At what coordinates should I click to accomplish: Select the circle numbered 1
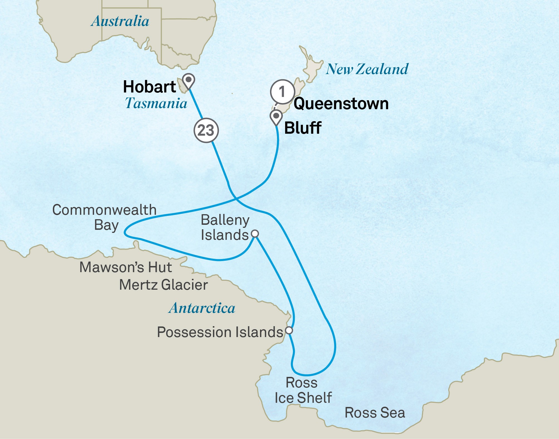click(x=282, y=92)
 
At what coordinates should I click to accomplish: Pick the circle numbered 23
click(x=206, y=130)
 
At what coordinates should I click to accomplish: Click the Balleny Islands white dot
click(x=255, y=233)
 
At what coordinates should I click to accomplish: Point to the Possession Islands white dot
click(x=289, y=330)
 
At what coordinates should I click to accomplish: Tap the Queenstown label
click(x=341, y=104)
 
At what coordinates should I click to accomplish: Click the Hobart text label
click(x=149, y=87)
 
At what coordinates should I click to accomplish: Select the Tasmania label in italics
click(x=156, y=103)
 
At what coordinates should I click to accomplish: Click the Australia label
click(x=120, y=21)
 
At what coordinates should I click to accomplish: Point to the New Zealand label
click(x=367, y=69)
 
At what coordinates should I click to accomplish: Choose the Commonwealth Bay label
click(x=104, y=217)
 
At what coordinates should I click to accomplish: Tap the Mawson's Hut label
click(x=126, y=267)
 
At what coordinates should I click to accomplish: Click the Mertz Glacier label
click(x=163, y=285)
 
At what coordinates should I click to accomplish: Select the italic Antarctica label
click(x=202, y=308)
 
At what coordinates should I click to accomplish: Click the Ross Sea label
click(x=375, y=413)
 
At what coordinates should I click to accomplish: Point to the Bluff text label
click(x=303, y=128)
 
